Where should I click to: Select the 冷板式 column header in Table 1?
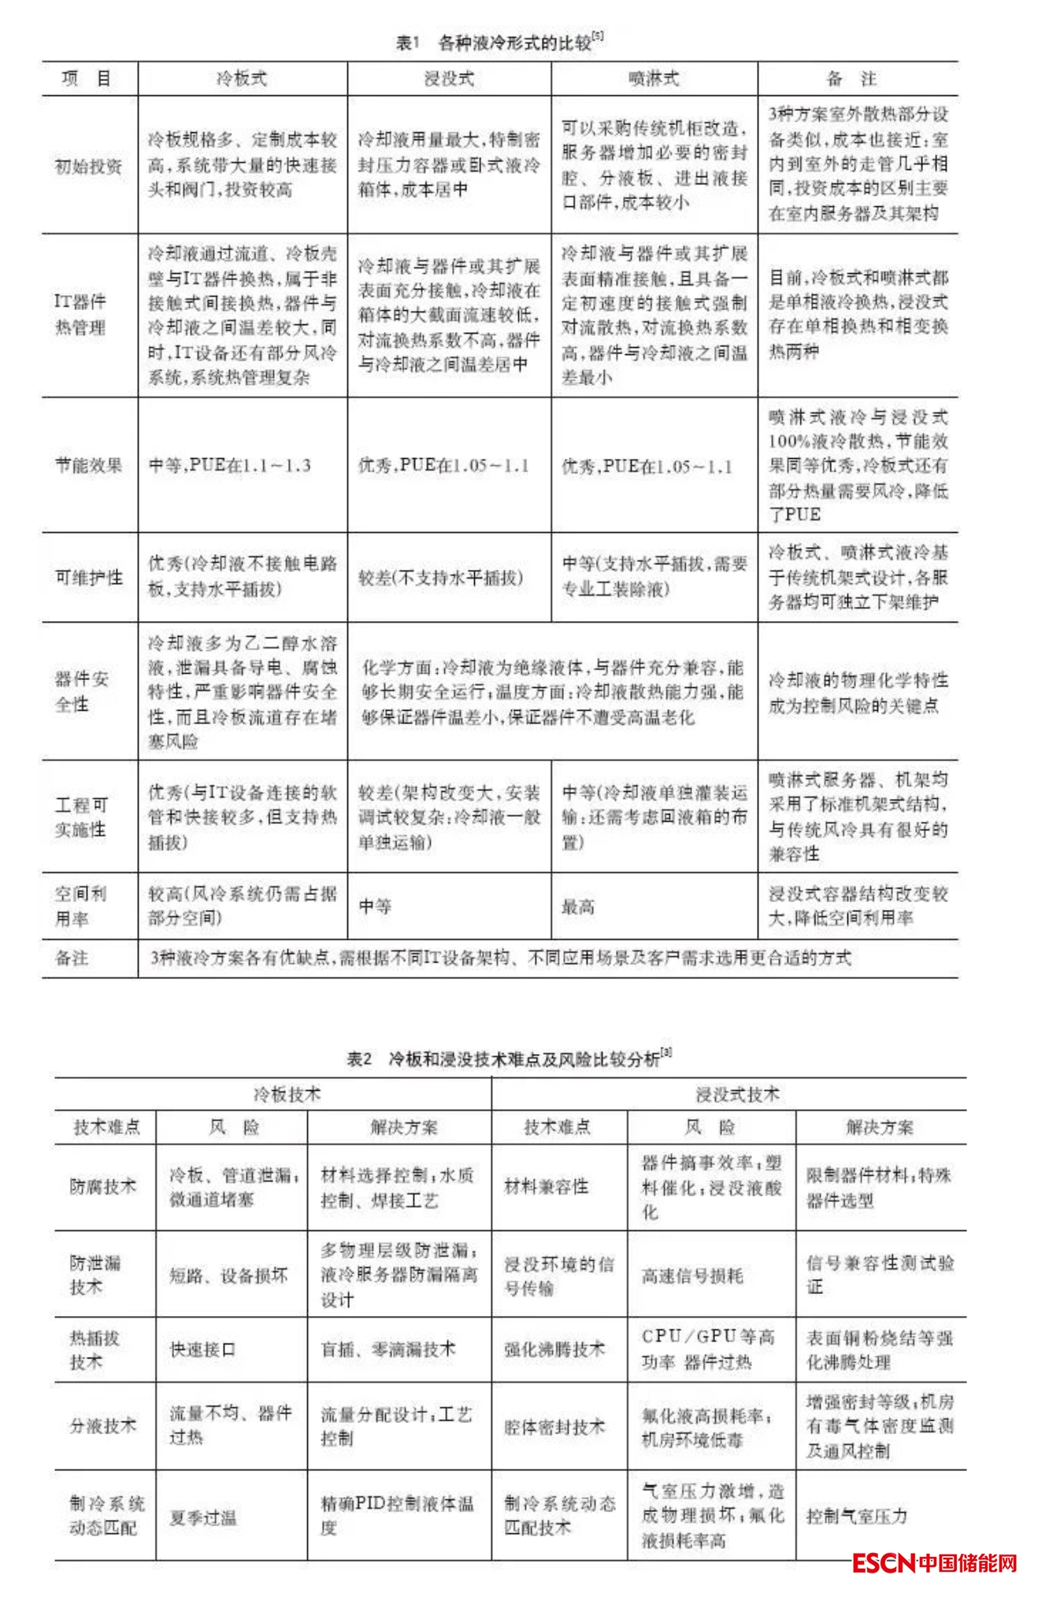point(242,79)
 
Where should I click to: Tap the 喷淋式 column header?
point(654,79)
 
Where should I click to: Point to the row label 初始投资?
point(88,166)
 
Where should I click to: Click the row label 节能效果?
point(88,465)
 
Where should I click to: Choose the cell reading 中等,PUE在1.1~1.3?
point(230,465)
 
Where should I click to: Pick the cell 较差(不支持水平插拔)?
point(440,578)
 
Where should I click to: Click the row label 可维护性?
point(88,578)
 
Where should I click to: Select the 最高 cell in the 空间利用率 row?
point(577,907)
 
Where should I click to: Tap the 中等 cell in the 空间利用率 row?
point(375,907)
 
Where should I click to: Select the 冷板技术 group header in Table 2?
point(287,1094)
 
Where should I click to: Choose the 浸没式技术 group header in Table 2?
point(737,1094)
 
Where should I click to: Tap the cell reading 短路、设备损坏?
point(228,1276)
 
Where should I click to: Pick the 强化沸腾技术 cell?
point(554,1349)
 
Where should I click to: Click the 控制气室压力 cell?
point(857,1516)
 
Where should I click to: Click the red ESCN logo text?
point(883,1562)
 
